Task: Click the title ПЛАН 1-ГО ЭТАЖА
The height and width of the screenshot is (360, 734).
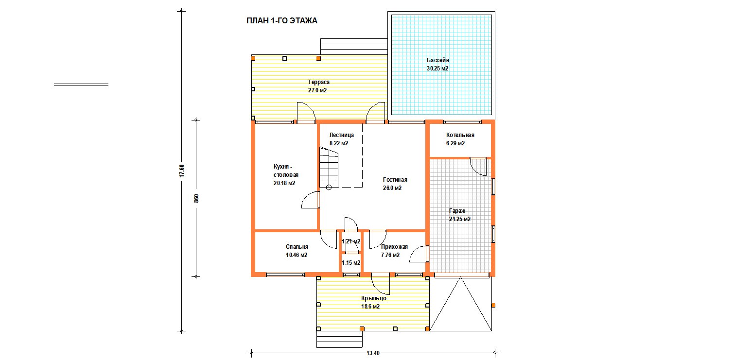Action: tap(281, 20)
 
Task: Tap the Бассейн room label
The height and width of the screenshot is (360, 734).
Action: tap(438, 60)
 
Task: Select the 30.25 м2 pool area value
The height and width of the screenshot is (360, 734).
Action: tap(437, 69)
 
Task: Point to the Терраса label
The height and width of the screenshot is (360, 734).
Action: tap(318, 82)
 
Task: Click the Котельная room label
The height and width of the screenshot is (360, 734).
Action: tap(460, 135)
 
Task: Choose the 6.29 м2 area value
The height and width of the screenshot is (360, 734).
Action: tap(455, 143)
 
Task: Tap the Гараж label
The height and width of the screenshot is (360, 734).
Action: tap(457, 211)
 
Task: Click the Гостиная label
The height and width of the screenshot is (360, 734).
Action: tap(395, 180)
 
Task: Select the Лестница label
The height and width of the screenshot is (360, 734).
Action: tap(341, 135)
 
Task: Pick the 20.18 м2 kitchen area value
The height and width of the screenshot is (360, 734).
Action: tap(284, 183)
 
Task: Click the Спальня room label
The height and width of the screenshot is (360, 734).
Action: tap(297, 247)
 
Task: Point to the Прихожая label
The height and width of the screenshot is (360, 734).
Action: tap(394, 247)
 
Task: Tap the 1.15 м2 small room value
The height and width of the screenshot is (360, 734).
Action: tap(351, 263)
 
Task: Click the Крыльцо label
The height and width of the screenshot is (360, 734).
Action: tap(373, 298)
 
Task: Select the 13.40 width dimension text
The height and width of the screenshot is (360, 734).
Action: tap(373, 353)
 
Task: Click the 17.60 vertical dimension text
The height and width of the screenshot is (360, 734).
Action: tap(182, 171)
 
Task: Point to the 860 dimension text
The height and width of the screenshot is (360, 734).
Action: tap(196, 199)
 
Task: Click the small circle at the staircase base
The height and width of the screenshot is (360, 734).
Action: tap(329, 188)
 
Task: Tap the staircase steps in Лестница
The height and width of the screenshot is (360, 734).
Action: tap(329, 167)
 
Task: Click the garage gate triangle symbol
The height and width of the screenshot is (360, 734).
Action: tap(460, 304)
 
